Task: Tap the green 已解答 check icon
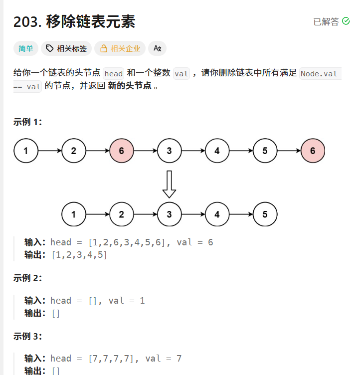click(x=346, y=21)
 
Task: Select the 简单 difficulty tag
click(x=25, y=48)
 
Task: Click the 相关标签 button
click(x=66, y=48)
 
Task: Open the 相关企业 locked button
click(x=120, y=48)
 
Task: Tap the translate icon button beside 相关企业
click(x=157, y=48)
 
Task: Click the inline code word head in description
click(x=114, y=73)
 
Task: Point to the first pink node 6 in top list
click(x=121, y=151)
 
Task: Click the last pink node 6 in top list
click(x=313, y=151)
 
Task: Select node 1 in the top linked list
click(x=25, y=151)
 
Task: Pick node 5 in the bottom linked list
click(x=265, y=214)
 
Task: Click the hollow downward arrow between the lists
click(x=169, y=184)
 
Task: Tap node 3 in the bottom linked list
click(x=169, y=214)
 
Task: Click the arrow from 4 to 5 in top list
click(x=241, y=151)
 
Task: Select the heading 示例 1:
click(x=27, y=122)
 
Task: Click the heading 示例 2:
click(x=27, y=278)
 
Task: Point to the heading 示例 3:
click(x=27, y=336)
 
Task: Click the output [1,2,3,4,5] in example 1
click(x=79, y=255)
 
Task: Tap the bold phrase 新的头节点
click(x=129, y=85)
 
